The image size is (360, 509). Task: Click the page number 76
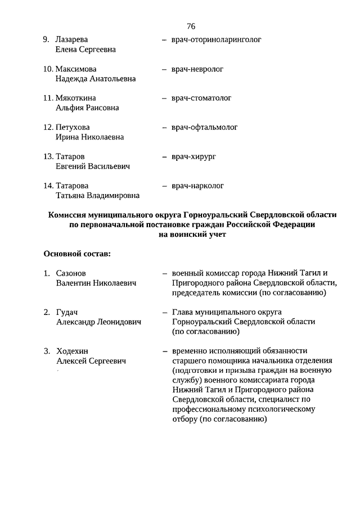point(191,26)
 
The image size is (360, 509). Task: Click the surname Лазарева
point(72,40)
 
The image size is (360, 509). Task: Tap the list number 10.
point(48,69)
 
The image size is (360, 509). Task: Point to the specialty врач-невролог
point(197,69)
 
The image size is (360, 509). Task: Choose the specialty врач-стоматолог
point(201,98)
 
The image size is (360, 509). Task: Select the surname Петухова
point(73,127)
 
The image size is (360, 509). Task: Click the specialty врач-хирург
point(194,156)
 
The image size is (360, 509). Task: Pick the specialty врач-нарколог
point(198,185)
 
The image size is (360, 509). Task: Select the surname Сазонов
point(71,273)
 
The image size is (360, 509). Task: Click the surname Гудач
point(67,312)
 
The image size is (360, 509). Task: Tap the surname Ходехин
point(72,350)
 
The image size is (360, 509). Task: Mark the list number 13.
point(48,156)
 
